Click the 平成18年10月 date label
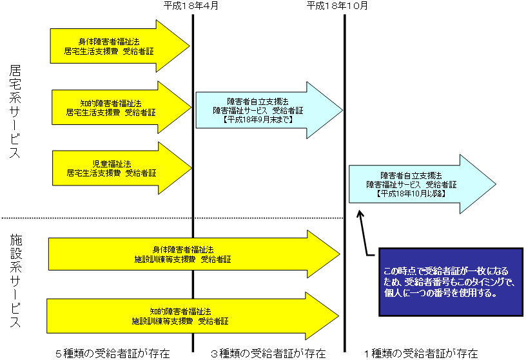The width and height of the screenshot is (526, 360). (x=338, y=6)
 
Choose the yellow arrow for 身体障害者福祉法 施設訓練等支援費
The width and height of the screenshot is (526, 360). (x=187, y=254)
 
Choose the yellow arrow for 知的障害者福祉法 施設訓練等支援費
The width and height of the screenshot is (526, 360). (x=187, y=316)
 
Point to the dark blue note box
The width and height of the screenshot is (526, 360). (x=450, y=282)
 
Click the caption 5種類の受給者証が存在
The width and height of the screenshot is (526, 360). (x=113, y=353)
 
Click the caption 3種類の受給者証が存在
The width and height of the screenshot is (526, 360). (x=268, y=353)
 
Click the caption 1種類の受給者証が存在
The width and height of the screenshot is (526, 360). (x=420, y=353)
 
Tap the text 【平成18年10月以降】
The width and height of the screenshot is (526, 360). (x=411, y=193)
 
